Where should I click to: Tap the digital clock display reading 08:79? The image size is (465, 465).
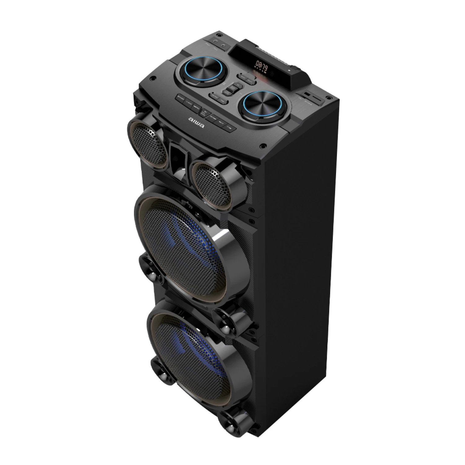coord(261,65)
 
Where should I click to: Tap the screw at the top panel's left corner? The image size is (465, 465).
coord(153,79)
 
